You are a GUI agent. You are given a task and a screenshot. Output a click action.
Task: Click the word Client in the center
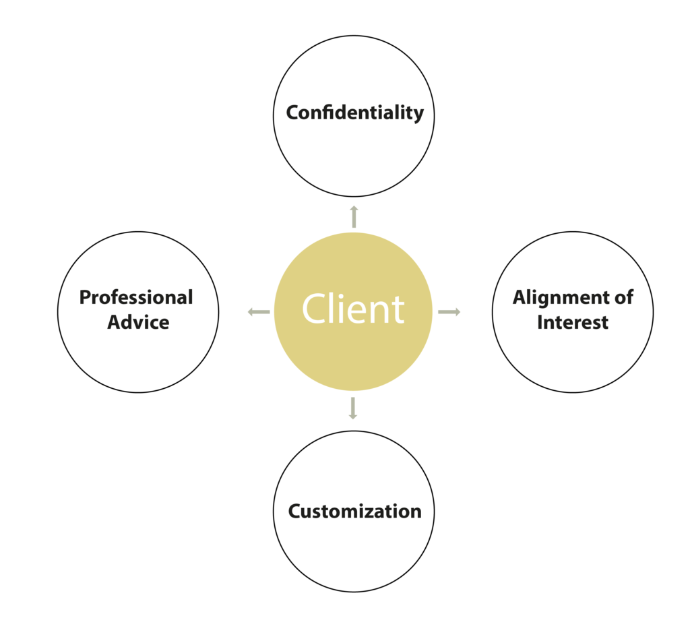[x=353, y=309]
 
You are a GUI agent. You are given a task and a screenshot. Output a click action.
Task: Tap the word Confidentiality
[x=354, y=113]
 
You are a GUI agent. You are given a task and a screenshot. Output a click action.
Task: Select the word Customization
[x=354, y=512]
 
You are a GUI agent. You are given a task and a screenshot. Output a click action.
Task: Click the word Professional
[x=136, y=298]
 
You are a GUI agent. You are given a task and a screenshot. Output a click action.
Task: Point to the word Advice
[x=138, y=322]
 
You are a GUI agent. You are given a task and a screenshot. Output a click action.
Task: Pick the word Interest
[x=573, y=322]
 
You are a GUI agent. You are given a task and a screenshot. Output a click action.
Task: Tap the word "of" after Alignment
[x=624, y=298]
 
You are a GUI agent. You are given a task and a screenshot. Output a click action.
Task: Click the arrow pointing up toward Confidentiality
[x=354, y=216]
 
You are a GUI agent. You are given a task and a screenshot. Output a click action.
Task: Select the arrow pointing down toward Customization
[x=352, y=408]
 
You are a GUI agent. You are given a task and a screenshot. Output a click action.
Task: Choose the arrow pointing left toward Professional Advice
[x=258, y=311]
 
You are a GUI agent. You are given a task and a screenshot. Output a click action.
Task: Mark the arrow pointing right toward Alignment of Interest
[x=449, y=311]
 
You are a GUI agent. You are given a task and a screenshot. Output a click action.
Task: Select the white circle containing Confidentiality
[x=353, y=155]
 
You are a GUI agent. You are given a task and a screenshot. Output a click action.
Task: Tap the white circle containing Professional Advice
[x=138, y=357]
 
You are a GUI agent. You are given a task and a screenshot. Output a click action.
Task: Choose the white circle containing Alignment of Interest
[x=573, y=357]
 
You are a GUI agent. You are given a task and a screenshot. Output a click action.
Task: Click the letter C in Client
[x=315, y=309]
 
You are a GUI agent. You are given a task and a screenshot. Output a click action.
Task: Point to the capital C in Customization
[x=294, y=512]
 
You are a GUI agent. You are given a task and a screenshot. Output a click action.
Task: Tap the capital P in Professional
[x=85, y=298]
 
